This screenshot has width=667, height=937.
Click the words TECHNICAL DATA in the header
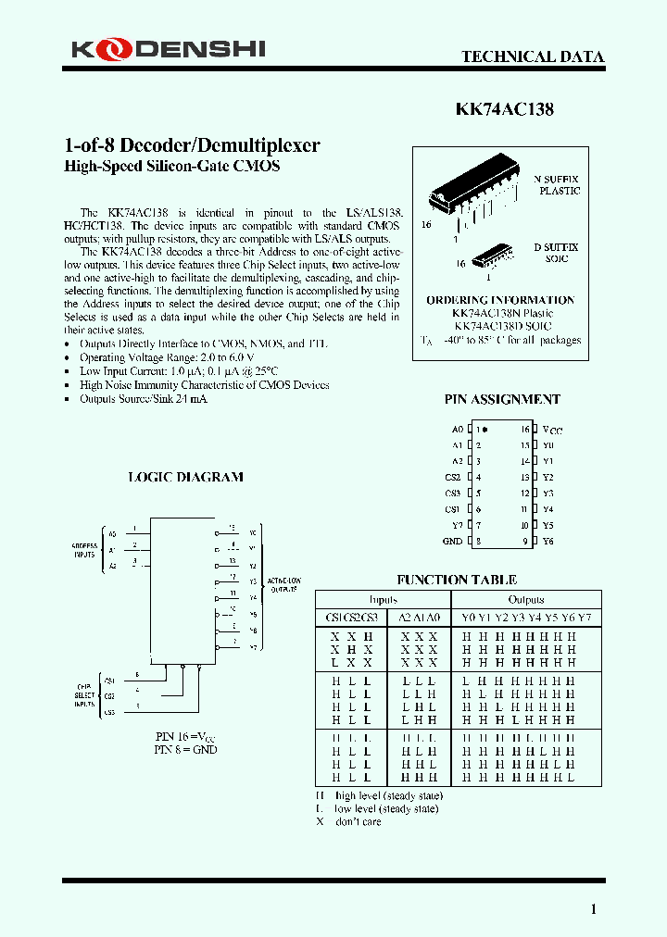pos(533,56)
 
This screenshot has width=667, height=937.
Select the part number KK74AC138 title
pos(505,109)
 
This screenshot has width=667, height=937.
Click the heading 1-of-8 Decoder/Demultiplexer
pos(192,145)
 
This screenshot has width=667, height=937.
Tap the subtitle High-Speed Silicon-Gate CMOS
pos(171,167)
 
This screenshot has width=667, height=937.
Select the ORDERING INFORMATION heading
pos(500,300)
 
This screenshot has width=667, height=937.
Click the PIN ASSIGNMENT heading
pos(502,399)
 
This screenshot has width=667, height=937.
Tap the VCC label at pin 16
pos(552,431)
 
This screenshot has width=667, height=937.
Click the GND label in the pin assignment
pos(452,541)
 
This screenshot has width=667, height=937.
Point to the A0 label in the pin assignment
pos(457,430)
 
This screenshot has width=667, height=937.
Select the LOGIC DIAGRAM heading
pos(185,477)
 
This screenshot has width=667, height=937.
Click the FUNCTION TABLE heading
pos(457,580)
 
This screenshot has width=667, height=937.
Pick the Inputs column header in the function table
pos(383,599)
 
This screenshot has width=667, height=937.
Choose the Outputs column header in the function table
pos(526,599)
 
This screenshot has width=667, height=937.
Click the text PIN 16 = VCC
pos(185,735)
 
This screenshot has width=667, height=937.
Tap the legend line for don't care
pos(349,822)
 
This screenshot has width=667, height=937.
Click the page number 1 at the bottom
pos(594,908)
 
